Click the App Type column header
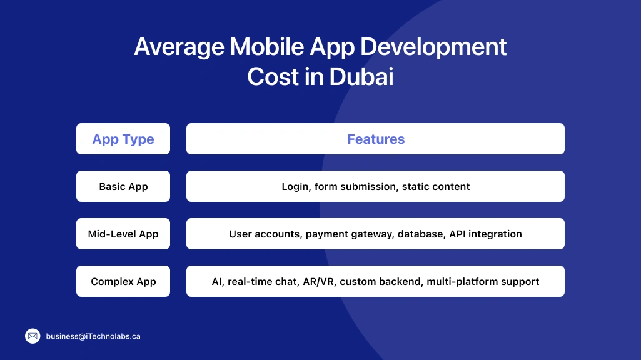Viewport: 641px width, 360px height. (123, 139)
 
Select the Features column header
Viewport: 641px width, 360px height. (376, 139)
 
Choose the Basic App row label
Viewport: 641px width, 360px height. (123, 186)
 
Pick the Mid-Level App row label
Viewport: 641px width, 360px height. (123, 234)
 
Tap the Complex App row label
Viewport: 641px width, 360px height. (123, 281)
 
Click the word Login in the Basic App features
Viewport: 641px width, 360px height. (295, 186)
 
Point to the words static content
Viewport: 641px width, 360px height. (436, 186)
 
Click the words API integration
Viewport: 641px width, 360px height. (485, 234)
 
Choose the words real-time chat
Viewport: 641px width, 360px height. (263, 281)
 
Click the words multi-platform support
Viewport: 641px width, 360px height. (483, 281)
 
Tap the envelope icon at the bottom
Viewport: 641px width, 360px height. (33, 336)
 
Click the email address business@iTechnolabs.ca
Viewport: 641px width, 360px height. (93, 336)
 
